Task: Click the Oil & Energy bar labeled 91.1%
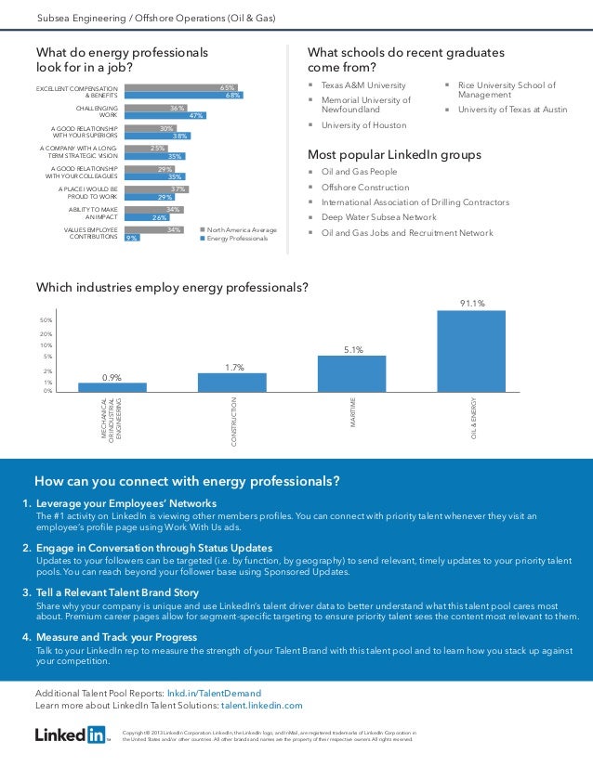(471, 350)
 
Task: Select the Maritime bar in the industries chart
(351, 372)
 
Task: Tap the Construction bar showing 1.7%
(232, 382)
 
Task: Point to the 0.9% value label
(112, 377)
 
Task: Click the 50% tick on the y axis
(46, 319)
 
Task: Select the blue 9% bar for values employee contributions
(132, 238)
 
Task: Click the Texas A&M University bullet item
(357, 84)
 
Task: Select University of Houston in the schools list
(363, 124)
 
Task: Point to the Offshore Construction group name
(364, 187)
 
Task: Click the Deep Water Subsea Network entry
(378, 217)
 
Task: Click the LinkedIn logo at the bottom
(71, 734)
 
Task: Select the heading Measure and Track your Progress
(116, 637)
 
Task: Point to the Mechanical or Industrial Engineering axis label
(112, 420)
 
